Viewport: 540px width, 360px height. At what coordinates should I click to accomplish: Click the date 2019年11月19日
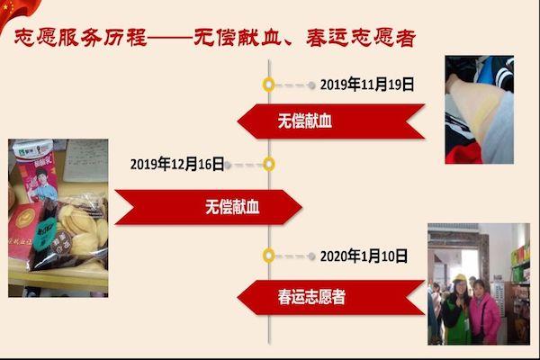point(367,85)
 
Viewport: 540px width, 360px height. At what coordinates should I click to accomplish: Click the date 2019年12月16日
point(177,164)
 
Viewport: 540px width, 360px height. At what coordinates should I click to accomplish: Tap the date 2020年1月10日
point(364,256)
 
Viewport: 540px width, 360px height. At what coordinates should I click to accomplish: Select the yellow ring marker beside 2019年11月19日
point(268,85)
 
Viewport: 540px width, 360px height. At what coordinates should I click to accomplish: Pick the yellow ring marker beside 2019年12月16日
point(268,165)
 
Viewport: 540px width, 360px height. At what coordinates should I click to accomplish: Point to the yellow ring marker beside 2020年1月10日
point(268,256)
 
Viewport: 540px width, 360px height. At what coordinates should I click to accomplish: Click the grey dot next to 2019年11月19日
point(311,85)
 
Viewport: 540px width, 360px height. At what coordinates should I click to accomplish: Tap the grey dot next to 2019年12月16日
point(228,166)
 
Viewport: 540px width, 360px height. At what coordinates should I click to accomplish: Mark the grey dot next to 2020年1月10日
point(311,256)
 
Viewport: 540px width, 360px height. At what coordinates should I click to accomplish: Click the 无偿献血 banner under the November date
point(331,121)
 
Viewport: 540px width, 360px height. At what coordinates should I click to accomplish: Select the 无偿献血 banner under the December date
point(209,207)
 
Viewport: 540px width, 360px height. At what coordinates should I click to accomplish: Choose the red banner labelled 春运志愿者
point(331,298)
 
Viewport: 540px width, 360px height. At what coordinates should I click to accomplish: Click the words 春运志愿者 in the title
point(361,38)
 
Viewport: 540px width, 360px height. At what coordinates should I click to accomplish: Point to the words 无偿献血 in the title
point(238,38)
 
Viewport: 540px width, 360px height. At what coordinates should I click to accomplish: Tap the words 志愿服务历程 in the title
point(81,38)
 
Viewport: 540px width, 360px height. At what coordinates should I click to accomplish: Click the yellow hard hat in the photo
point(459,278)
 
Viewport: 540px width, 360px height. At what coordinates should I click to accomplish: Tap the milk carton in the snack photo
point(36,170)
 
